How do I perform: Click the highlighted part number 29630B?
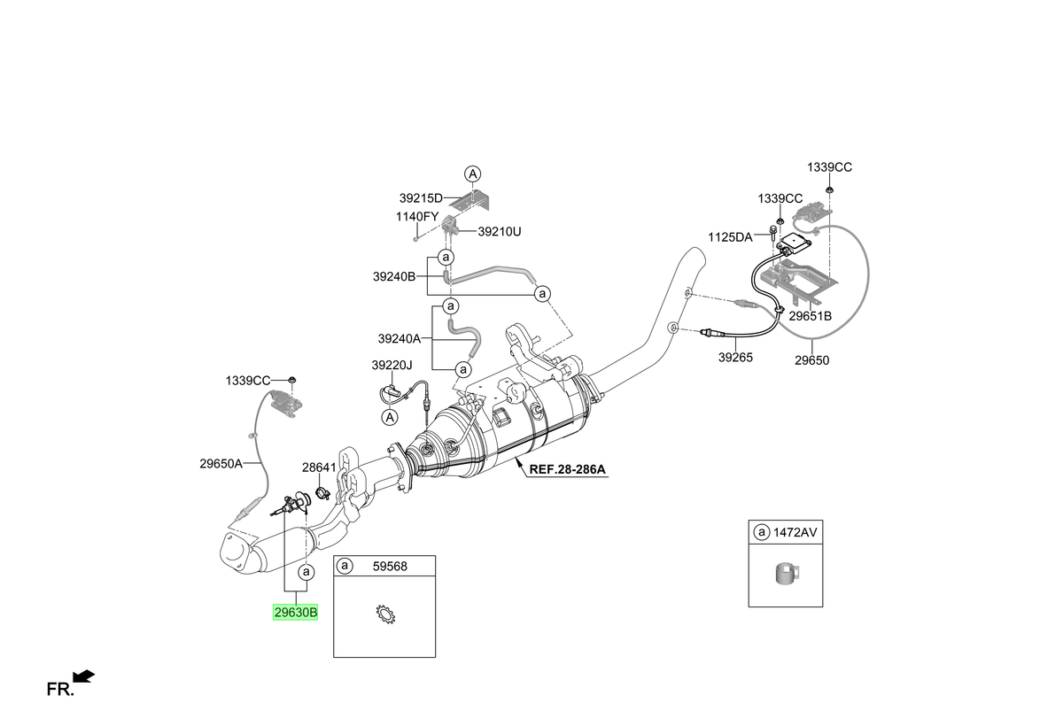point(295,612)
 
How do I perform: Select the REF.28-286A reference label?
point(567,469)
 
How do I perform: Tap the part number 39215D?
point(421,198)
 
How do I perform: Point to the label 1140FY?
point(417,217)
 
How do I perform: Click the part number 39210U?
point(500,231)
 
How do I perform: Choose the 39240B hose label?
point(394,276)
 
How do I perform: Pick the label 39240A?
point(400,338)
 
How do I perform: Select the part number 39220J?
point(392,365)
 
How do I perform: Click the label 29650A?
point(221,464)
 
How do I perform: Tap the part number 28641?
point(319,467)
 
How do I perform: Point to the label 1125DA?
point(730,237)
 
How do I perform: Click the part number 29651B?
point(810,316)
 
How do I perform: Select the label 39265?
point(735,358)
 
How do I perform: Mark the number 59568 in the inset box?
point(390,567)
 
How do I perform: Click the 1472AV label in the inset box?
point(795,532)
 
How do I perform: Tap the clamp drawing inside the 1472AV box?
point(787,575)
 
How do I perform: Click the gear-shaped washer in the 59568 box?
point(384,614)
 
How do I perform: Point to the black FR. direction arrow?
point(84,676)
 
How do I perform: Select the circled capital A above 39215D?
point(473,174)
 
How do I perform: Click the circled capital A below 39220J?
point(390,418)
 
